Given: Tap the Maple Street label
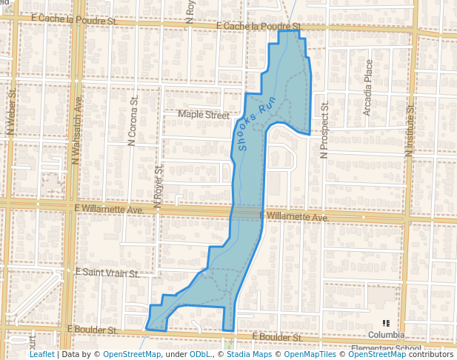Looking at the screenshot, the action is point(204,115).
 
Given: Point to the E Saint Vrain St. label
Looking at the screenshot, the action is point(107,273).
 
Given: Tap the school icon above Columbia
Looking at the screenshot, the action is point(387,323).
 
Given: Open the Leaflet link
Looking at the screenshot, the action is point(41,354).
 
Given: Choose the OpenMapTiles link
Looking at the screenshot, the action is point(305,354).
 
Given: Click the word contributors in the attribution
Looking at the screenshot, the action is point(430,354).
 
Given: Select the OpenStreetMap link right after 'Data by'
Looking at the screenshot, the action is point(132,354).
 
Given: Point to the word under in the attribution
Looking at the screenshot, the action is point(176,354).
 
